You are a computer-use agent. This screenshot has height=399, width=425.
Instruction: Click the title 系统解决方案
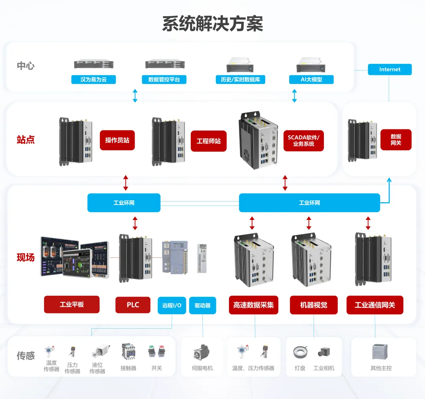213,24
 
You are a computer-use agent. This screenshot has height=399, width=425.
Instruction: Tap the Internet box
390,69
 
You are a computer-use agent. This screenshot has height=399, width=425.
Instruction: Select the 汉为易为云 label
94,79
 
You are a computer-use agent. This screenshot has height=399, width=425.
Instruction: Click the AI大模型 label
311,79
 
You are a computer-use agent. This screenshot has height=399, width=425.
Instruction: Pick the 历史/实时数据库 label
240,79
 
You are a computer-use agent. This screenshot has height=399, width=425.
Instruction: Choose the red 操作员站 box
117,140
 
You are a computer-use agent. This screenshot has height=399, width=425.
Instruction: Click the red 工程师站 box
209,141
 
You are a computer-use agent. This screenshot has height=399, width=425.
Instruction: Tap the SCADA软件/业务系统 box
303,141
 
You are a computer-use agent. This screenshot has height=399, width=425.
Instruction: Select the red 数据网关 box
396,140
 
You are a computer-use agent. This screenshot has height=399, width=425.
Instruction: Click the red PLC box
133,305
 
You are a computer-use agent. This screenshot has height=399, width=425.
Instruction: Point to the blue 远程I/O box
172,305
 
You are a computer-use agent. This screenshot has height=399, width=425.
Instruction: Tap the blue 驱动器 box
203,305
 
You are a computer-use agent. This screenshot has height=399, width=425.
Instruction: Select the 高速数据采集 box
253,305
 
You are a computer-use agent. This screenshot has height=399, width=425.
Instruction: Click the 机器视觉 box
314,305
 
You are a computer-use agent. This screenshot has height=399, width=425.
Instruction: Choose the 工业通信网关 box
375,305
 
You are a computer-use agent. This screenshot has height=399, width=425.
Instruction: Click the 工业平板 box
72,304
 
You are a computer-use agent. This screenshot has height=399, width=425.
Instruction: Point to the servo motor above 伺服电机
203,352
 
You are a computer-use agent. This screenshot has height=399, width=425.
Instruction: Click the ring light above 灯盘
301,352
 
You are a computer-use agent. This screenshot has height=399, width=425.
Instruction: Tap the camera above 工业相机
324,352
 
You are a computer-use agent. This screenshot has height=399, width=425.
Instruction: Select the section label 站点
26,140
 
